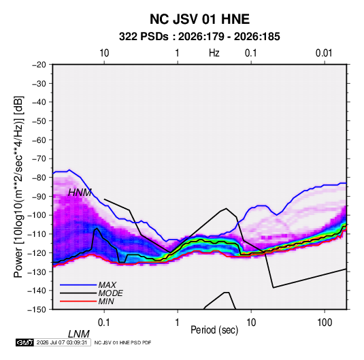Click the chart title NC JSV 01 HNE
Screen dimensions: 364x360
click(x=199, y=19)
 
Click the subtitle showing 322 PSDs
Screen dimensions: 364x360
click(x=199, y=37)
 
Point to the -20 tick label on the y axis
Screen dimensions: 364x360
click(x=39, y=65)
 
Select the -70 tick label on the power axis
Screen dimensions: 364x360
click(x=39, y=159)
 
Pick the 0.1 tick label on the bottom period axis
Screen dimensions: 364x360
click(x=103, y=323)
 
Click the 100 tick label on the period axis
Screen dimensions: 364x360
click(x=325, y=323)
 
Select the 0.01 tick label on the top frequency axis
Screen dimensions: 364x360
click(x=324, y=53)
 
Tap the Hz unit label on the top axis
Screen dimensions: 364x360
click(x=214, y=53)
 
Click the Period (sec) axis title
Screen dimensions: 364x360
click(x=214, y=330)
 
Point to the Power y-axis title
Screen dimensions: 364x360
click(x=18, y=186)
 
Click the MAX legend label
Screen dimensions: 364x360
click(x=107, y=284)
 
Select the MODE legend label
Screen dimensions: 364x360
click(x=110, y=293)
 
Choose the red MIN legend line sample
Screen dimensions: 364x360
click(x=78, y=301)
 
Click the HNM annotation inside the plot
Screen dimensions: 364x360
click(x=80, y=193)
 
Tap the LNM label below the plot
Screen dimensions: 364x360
click(x=79, y=334)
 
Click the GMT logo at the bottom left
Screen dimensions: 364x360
click(x=25, y=342)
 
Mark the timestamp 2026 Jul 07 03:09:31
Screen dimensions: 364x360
click(x=62, y=342)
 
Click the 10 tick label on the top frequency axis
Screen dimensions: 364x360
click(x=104, y=53)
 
